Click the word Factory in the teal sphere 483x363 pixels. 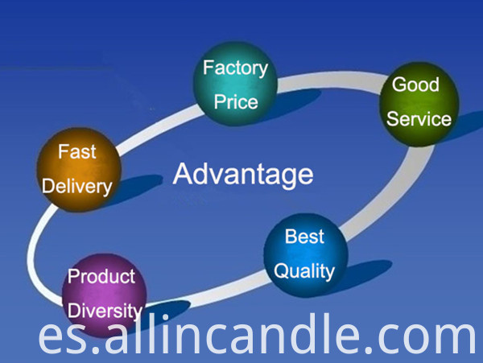pos(235,68)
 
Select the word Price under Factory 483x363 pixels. pos(236,102)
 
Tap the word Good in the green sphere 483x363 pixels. pos(415,85)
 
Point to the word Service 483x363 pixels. pos(419,119)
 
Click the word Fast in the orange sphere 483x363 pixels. pos(77,151)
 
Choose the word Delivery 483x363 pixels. pos(77,188)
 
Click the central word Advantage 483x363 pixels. pos(243,175)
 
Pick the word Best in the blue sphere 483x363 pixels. pos(304,237)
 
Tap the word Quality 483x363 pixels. pos(304,271)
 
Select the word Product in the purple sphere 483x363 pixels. pos(101,276)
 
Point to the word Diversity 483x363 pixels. pos(105,311)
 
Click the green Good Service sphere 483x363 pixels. pos(419,104)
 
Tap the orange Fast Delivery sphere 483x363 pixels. pos(79,169)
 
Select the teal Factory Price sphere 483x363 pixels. pos(235,84)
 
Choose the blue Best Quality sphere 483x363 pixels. pos(306,255)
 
